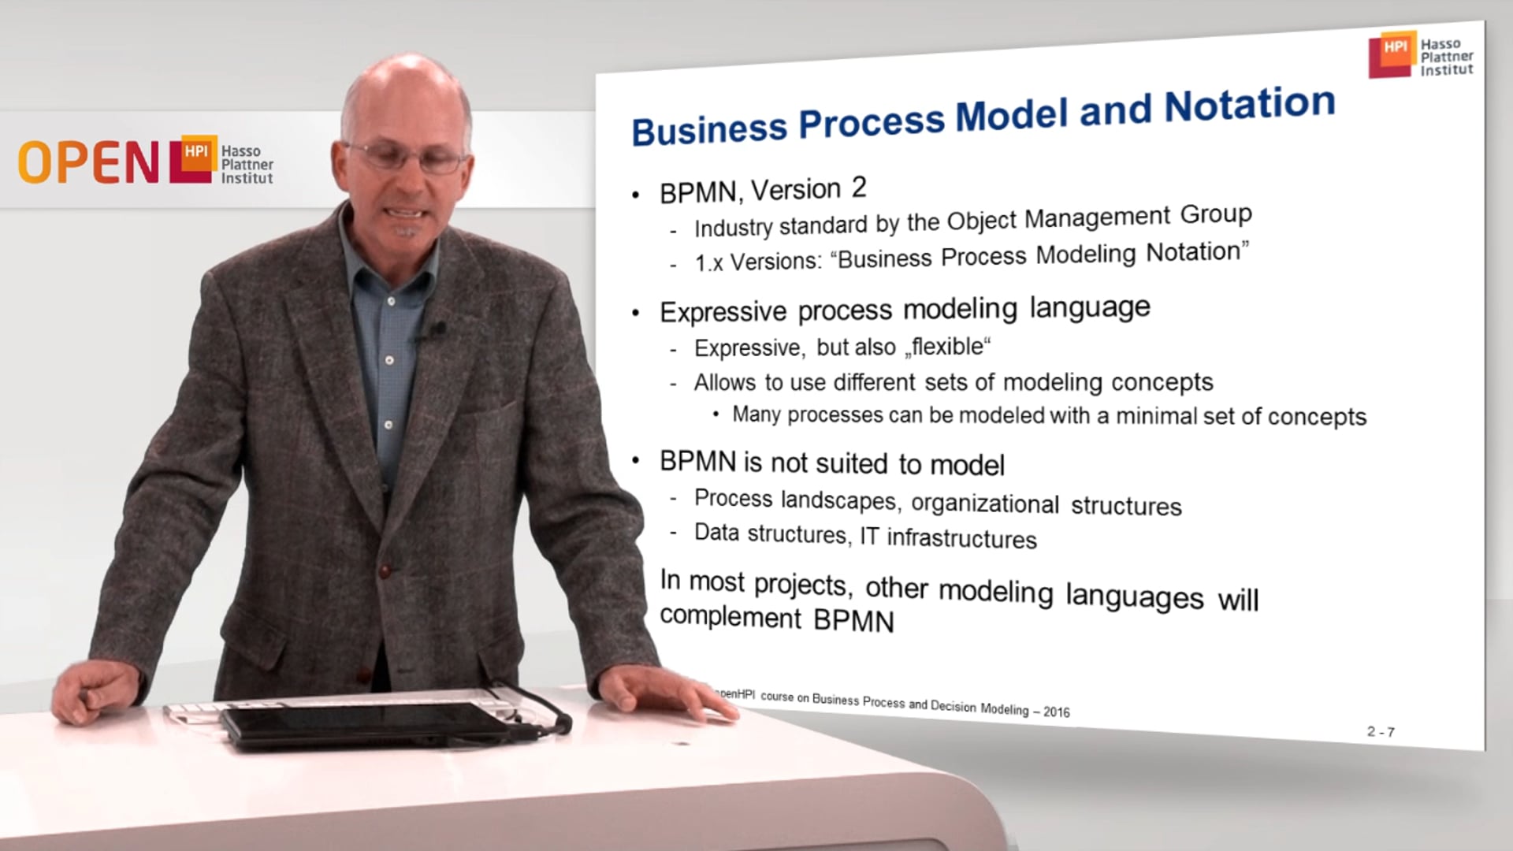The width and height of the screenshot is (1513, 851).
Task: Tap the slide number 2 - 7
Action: (x=1381, y=732)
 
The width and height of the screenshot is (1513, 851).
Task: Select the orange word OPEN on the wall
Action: (x=88, y=163)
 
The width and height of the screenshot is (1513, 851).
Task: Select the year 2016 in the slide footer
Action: (x=1057, y=712)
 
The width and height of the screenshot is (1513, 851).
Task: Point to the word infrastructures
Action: (x=961, y=538)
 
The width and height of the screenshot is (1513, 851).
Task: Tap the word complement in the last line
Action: (x=730, y=616)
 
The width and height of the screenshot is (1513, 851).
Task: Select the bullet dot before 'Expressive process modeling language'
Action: (x=636, y=314)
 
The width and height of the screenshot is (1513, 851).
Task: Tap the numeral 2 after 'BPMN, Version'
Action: (x=859, y=188)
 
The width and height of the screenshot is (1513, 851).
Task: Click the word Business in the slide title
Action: (x=709, y=128)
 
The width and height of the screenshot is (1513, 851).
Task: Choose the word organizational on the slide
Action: (x=984, y=503)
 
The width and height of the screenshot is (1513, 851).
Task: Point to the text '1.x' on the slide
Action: (x=708, y=262)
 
